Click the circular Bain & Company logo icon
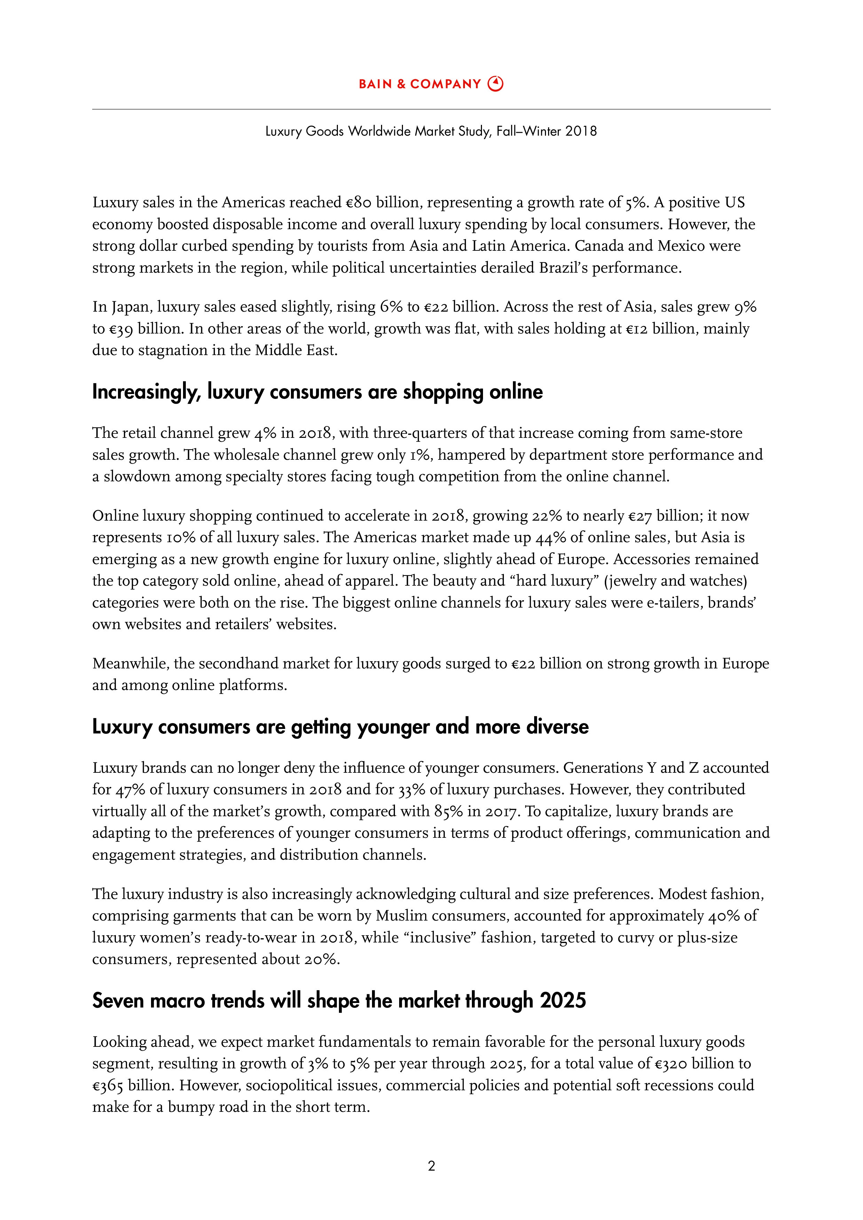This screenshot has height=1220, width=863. (x=496, y=84)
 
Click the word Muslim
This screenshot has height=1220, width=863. (x=402, y=916)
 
